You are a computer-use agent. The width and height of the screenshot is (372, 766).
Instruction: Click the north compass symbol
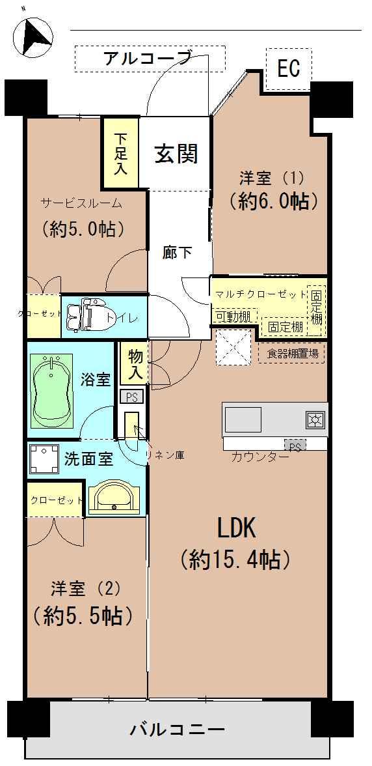[x=32, y=36]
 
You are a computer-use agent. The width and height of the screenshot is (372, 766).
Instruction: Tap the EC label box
[x=289, y=69]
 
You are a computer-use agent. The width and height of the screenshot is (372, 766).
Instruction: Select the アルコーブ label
[x=147, y=59]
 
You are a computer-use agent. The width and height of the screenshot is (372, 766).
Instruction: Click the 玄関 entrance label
[x=176, y=154]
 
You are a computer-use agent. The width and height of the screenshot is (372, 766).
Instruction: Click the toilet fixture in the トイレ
[x=83, y=317]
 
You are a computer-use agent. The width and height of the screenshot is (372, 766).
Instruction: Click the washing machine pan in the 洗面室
[x=44, y=459]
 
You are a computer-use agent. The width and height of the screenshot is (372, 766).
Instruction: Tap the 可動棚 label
[x=233, y=317]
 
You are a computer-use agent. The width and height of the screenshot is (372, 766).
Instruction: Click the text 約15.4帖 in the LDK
[x=235, y=560]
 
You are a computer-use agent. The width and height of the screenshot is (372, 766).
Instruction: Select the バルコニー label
[x=178, y=730]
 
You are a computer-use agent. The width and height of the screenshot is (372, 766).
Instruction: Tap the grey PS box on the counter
[x=295, y=445]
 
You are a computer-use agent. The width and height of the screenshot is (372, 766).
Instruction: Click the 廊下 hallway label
[x=177, y=253]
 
